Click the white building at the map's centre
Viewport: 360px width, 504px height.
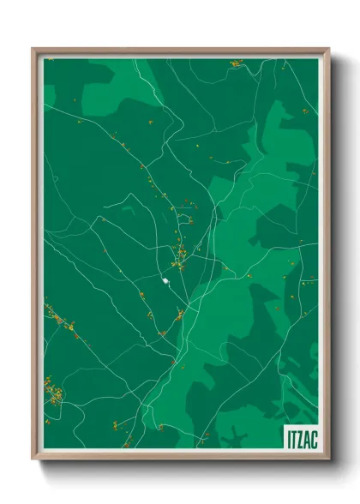tap(165, 279)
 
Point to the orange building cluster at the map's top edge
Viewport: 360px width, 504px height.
tap(236, 63)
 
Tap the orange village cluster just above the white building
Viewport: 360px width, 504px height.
tap(181, 253)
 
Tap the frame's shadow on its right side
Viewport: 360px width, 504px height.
tap(336, 257)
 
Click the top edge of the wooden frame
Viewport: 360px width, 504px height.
tap(180, 50)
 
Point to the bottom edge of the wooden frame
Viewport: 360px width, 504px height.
tap(180, 457)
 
